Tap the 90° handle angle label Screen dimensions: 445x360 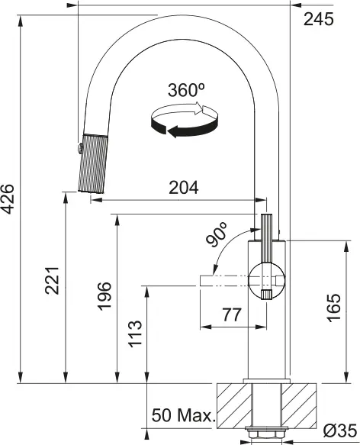217,236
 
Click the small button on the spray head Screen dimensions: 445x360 78,146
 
